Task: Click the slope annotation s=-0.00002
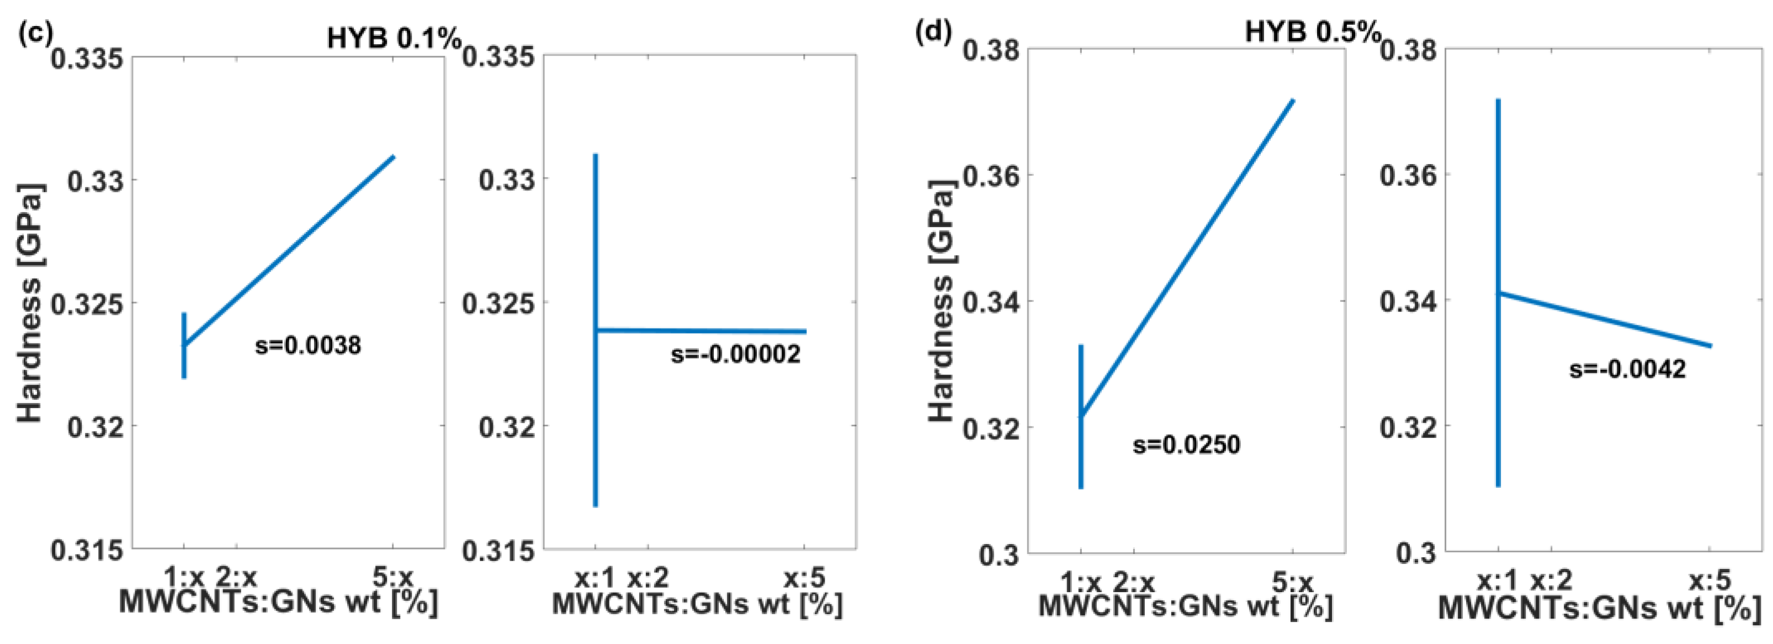tap(735, 354)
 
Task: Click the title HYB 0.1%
tap(394, 39)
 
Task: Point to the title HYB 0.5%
tap(1313, 31)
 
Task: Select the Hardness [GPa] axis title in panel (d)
tap(942, 300)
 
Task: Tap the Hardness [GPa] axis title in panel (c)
tap(30, 303)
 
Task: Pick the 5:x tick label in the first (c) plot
tap(392, 577)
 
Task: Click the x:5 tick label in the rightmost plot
tap(1710, 580)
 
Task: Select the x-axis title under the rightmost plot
tap(1600, 609)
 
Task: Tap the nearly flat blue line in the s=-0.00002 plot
tap(702, 331)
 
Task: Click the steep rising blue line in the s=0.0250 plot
tap(1187, 258)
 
